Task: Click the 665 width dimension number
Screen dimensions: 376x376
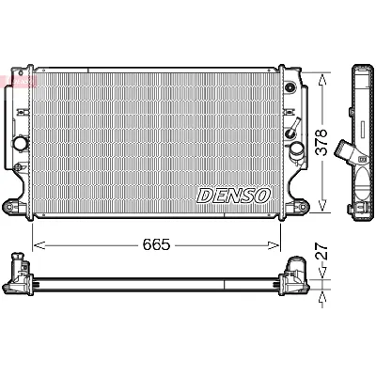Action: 156,245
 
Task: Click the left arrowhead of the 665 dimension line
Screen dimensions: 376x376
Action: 38,245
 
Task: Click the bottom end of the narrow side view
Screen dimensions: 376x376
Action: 363,222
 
